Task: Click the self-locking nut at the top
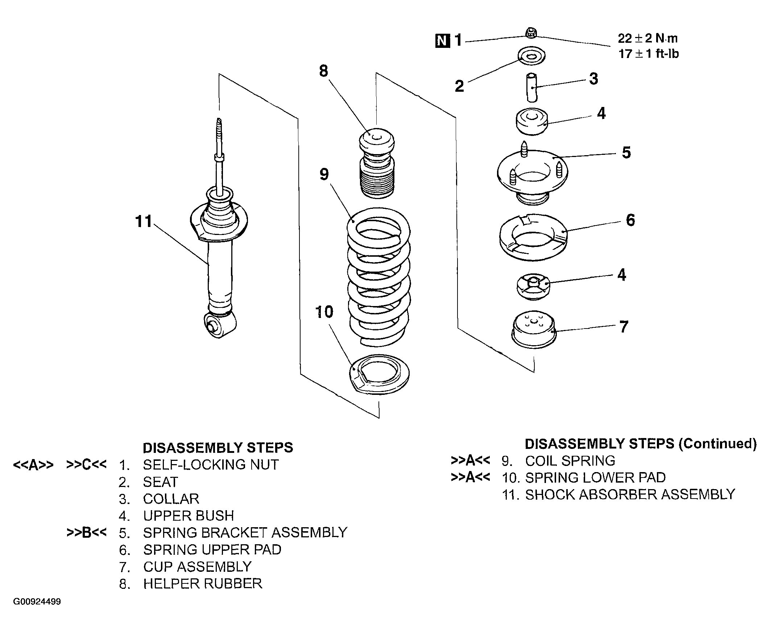coord(530,32)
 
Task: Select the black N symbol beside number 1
coord(443,40)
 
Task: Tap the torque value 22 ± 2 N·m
coord(648,38)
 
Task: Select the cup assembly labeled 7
coord(534,330)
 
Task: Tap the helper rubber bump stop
coord(377,163)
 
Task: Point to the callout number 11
coord(143,221)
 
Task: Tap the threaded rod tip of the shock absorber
coord(219,121)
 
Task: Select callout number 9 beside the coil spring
coord(324,174)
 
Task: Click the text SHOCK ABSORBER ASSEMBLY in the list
coord(630,494)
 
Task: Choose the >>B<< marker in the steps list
coord(87,532)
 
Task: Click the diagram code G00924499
coord(37,602)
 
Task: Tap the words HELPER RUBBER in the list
coord(203,583)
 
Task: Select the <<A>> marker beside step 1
coord(33,465)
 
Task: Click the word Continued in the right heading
coord(717,443)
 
